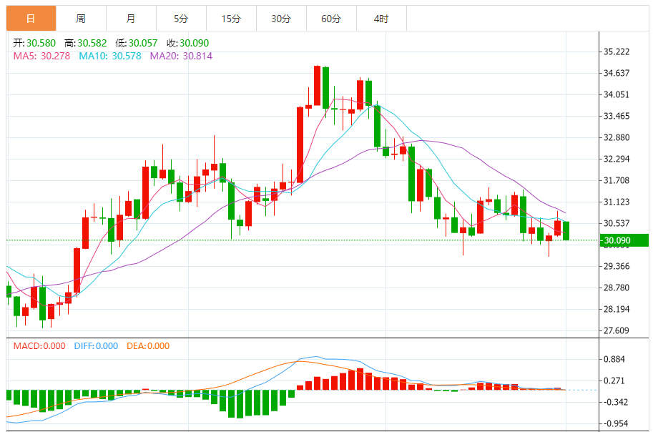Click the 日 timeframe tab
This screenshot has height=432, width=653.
[30, 19]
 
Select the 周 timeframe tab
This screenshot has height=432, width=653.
[80, 19]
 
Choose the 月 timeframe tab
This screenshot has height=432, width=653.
[130, 19]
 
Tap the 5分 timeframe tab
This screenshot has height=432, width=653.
[180, 19]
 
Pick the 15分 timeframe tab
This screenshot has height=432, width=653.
[230, 19]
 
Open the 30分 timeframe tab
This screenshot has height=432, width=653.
[281, 19]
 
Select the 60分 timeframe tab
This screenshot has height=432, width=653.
[331, 19]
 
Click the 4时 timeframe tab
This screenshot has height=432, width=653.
[380, 19]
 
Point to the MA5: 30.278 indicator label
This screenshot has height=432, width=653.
[41, 55]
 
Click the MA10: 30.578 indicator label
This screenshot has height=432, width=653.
[109, 55]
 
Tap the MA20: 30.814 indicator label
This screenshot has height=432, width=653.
[181, 55]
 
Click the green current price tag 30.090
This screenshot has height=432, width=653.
[624, 240]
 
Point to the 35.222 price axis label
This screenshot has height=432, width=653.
[617, 51]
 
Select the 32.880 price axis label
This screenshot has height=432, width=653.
[617, 137]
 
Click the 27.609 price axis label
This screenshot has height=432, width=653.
[617, 330]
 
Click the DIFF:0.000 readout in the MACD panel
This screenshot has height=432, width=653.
[96, 346]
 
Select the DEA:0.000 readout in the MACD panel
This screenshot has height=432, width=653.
[148, 346]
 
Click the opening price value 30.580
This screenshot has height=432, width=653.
[41, 43]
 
